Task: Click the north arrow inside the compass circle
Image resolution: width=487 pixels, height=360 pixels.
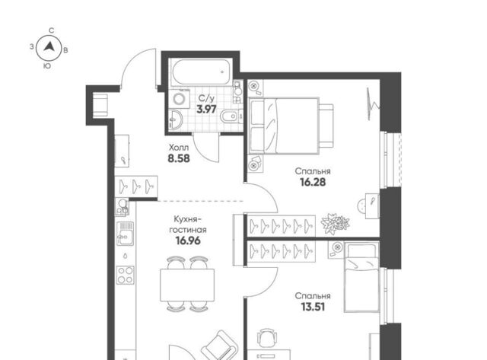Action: [x=49, y=47]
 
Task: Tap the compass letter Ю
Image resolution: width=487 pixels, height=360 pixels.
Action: [x=47, y=66]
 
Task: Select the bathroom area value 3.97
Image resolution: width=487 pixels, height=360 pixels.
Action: [x=206, y=110]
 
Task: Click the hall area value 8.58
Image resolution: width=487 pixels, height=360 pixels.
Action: [x=179, y=158]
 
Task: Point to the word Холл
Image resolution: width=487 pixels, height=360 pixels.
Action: [x=178, y=147]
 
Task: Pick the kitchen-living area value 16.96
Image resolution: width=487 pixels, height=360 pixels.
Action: [x=188, y=241]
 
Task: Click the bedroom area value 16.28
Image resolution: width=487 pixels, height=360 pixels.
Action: [x=313, y=182]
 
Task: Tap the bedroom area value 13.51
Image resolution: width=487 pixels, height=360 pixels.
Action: [x=313, y=307]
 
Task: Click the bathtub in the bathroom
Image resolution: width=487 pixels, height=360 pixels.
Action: [x=201, y=72]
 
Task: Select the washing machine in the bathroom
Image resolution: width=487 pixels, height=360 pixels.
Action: [x=180, y=99]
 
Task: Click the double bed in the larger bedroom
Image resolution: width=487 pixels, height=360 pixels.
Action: [x=291, y=126]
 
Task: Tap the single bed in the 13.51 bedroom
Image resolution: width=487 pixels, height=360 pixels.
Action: [x=361, y=277]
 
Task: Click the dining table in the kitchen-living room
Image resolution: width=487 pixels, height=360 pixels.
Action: [x=187, y=285]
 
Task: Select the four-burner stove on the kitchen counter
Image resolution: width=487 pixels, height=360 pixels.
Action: [x=126, y=275]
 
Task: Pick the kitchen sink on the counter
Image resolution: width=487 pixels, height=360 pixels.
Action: [x=125, y=234]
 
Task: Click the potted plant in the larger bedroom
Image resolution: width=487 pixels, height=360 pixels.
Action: [x=335, y=224]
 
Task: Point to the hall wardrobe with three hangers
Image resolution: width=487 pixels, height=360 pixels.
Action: [x=136, y=186]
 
